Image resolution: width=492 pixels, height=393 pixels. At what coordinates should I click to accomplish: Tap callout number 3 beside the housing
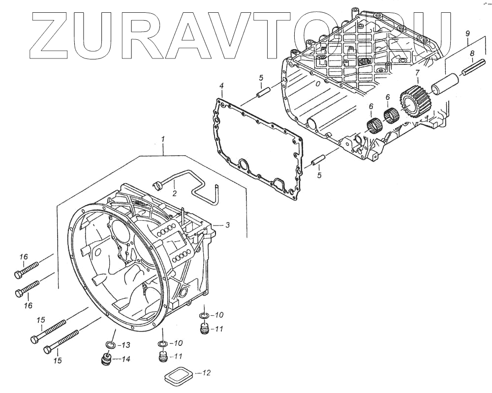(228, 225)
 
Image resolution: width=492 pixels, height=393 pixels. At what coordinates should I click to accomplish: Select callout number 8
(472, 53)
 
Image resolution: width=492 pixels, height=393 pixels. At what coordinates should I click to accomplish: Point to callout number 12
(206, 373)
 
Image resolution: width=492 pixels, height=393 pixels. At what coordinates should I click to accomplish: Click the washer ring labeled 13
(111, 344)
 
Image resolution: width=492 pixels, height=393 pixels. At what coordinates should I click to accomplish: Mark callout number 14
(125, 359)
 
